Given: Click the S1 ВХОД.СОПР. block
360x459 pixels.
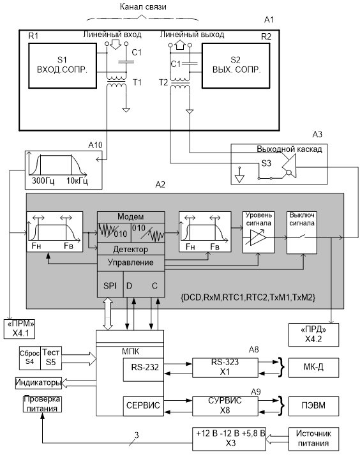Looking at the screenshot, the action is click(x=63, y=66).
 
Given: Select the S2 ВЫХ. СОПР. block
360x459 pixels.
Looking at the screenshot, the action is click(x=236, y=66).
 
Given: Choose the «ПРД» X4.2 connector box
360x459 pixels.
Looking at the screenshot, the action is click(x=314, y=335).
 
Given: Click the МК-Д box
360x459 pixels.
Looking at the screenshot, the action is click(x=314, y=367).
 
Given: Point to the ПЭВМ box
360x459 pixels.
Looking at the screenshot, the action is click(x=314, y=406).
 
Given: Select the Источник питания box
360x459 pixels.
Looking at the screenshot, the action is click(x=314, y=439).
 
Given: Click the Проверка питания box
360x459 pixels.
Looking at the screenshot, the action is click(x=42, y=403).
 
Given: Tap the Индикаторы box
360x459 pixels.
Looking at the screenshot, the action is click(x=38, y=383).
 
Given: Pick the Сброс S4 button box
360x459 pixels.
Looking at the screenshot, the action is click(x=29, y=358).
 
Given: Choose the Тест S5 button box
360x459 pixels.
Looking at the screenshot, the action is click(x=51, y=358).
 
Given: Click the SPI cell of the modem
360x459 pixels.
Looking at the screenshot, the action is click(x=110, y=285).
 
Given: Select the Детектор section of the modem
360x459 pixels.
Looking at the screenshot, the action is click(x=131, y=249).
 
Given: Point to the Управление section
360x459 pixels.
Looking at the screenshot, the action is click(x=131, y=262).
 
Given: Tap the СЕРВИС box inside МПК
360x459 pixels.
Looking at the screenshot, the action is click(x=143, y=406).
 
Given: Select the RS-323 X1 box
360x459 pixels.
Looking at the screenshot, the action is click(x=225, y=367).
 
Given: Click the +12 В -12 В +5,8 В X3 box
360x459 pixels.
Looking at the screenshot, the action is click(x=229, y=439).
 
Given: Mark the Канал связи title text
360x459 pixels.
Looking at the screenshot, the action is click(x=143, y=6).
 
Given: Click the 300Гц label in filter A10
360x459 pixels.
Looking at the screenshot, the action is click(x=43, y=181).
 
